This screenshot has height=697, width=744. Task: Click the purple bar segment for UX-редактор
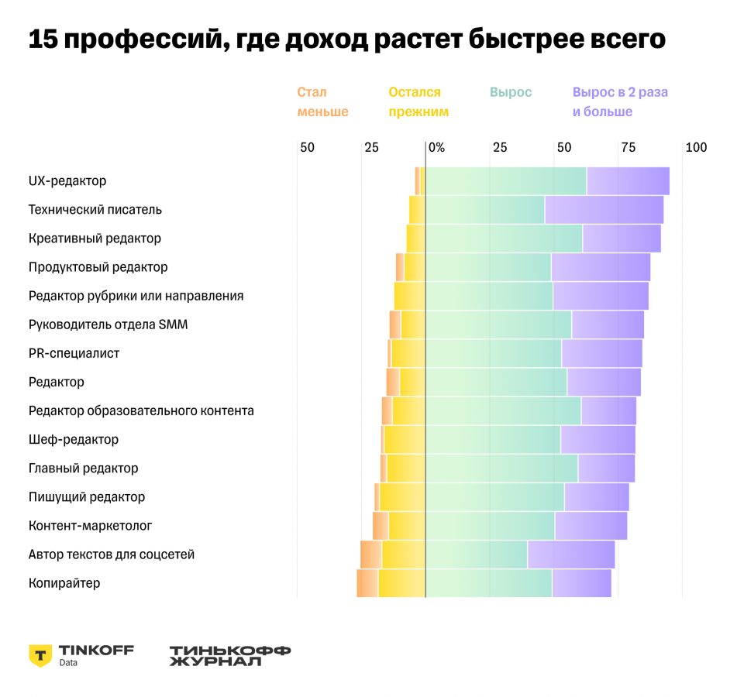click(x=628, y=180)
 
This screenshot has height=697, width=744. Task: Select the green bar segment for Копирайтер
click(x=488, y=583)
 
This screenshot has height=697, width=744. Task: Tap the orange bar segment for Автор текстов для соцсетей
click(x=370, y=555)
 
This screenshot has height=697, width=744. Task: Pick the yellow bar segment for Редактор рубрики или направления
click(x=409, y=296)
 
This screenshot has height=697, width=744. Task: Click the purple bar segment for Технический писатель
click(x=604, y=210)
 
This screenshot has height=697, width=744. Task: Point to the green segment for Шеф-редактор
click(x=493, y=440)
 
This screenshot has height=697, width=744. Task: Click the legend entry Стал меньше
click(x=322, y=102)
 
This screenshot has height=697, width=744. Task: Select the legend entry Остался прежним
click(x=418, y=102)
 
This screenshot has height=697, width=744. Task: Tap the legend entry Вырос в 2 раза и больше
click(x=620, y=102)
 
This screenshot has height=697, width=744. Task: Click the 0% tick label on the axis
click(x=436, y=147)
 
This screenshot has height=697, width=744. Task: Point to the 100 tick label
click(x=696, y=147)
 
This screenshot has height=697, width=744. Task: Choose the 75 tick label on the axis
click(x=628, y=147)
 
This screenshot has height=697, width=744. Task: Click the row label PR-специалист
click(x=74, y=353)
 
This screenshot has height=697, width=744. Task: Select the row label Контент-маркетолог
click(x=90, y=526)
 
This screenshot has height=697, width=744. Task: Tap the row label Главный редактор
click(x=83, y=469)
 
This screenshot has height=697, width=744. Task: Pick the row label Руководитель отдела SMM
click(x=108, y=324)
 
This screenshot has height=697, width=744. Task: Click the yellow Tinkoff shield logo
click(x=40, y=655)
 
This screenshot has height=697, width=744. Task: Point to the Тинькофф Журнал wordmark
click(x=229, y=655)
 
